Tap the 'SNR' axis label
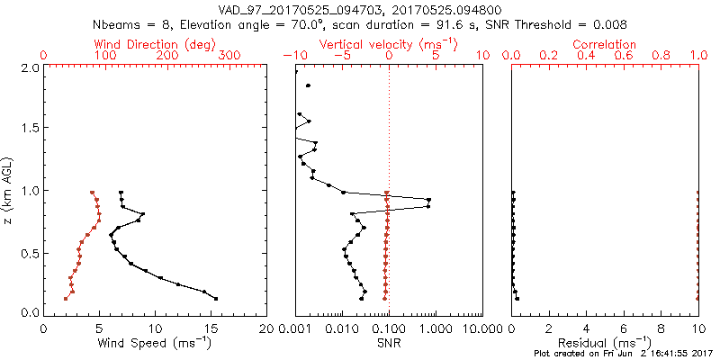point(389,343)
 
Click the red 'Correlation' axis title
point(605,44)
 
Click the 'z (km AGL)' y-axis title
point(9,189)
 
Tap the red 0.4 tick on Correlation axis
point(586,56)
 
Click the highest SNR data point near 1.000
point(428,200)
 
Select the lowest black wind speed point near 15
point(216,298)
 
